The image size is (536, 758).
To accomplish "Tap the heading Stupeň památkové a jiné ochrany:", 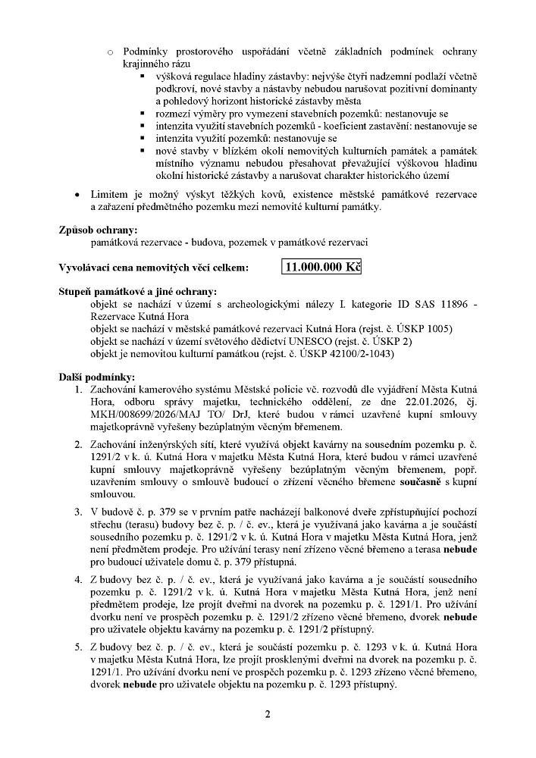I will pos(137,292).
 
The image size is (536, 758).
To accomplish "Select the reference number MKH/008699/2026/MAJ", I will pos(141,415).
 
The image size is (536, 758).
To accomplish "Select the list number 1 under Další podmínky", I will pos(78,390).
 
